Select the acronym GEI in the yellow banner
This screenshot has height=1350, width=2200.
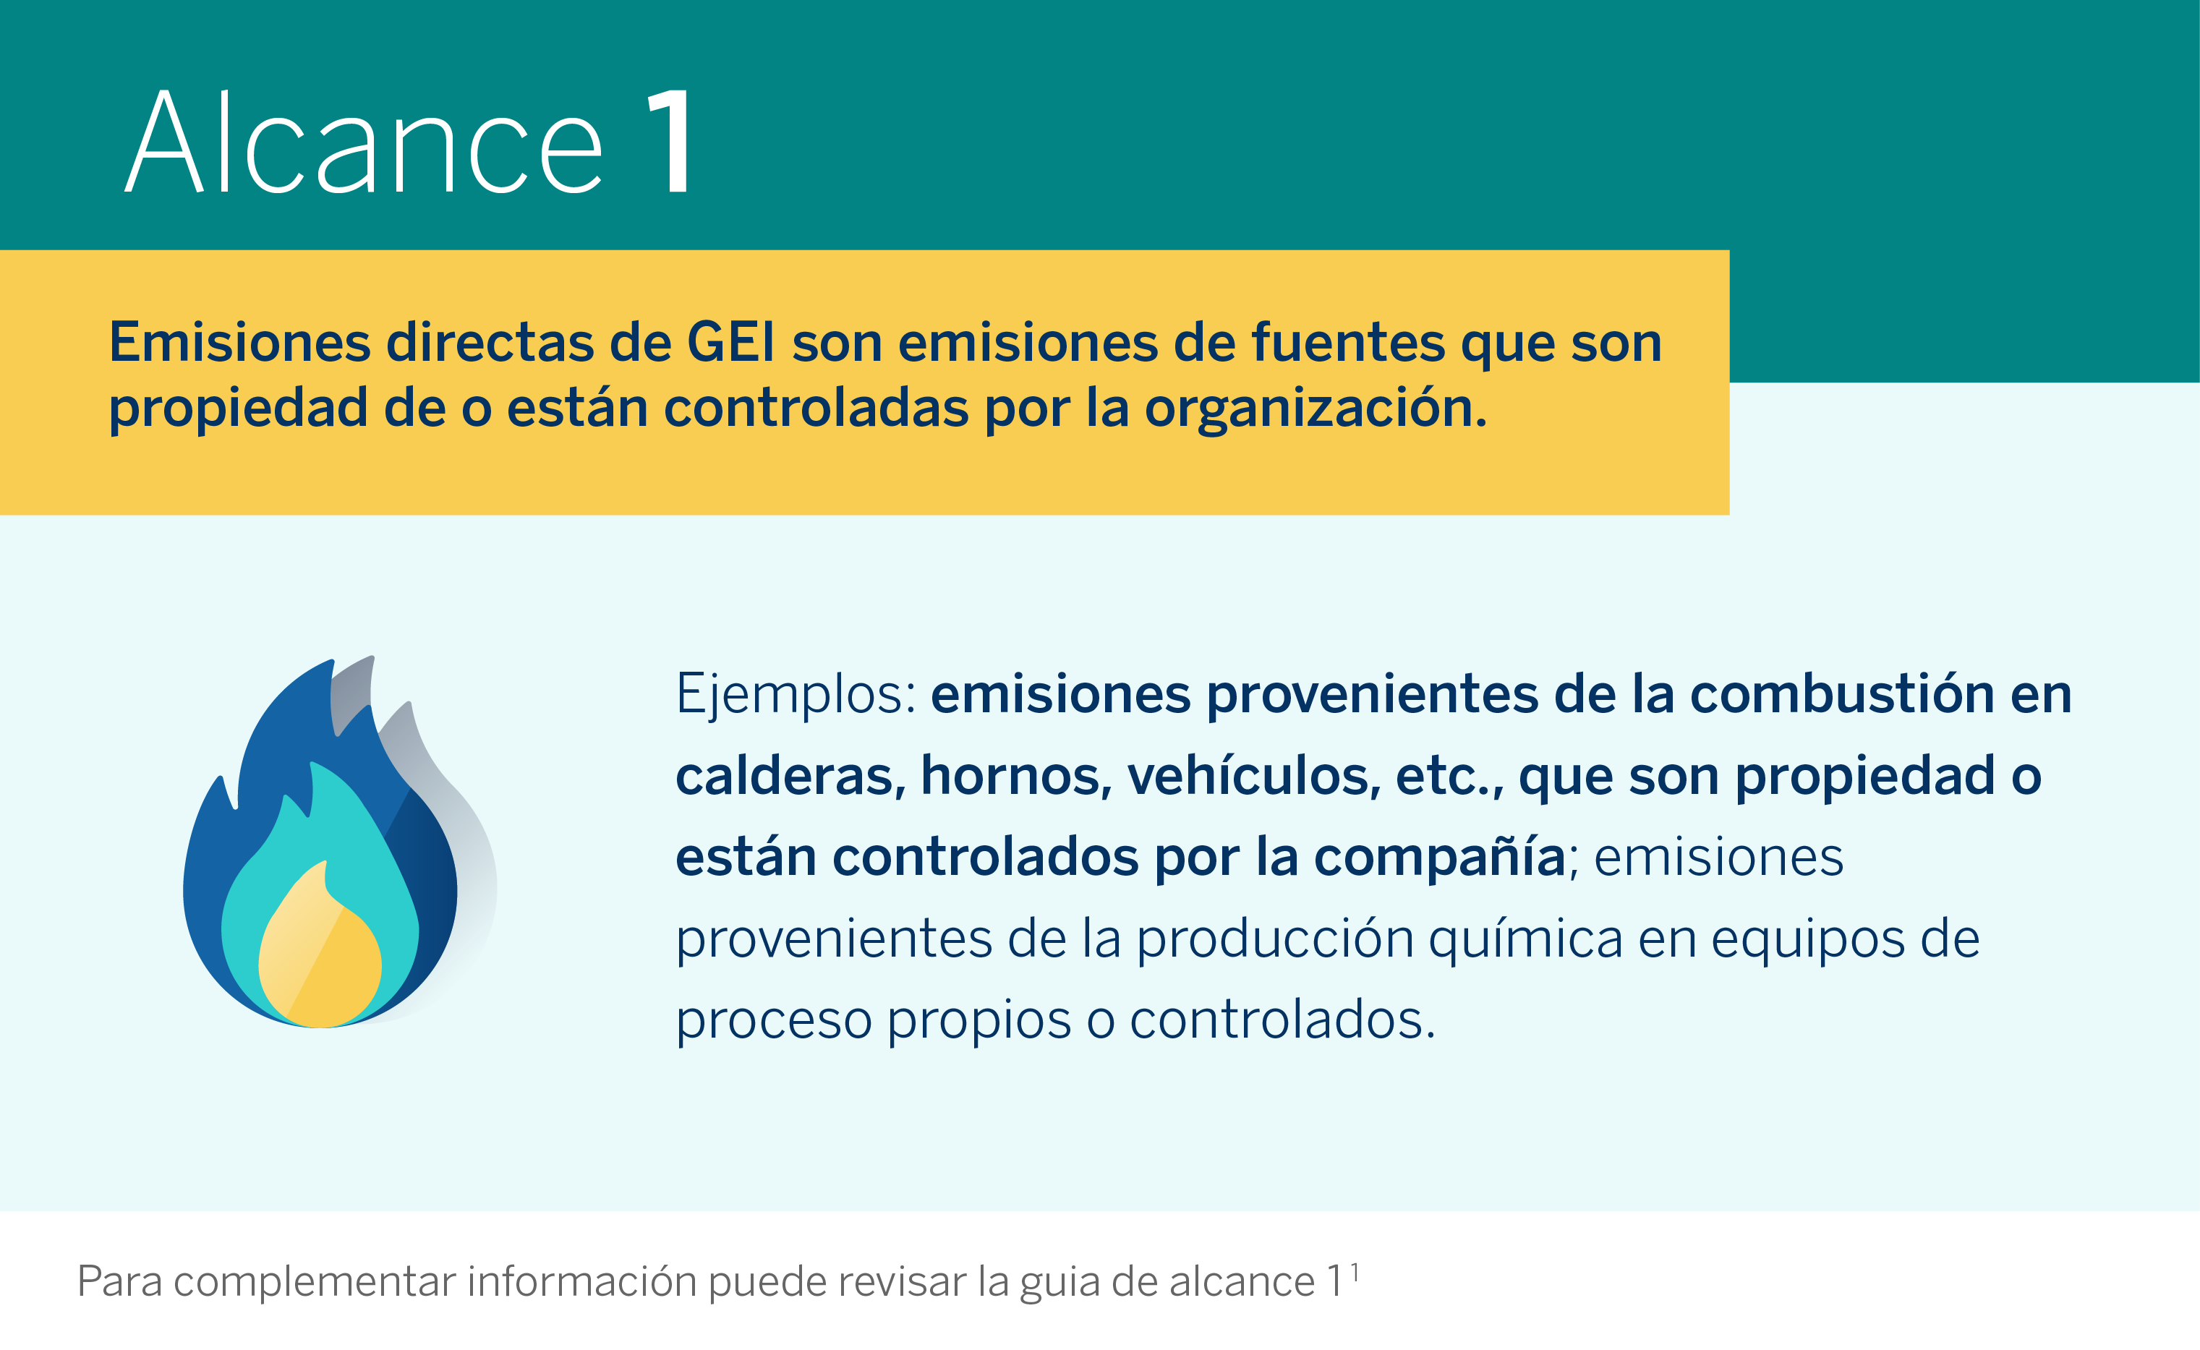point(730,342)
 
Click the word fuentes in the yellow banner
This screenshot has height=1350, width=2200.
point(1348,342)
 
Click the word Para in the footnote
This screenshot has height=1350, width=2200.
point(119,1281)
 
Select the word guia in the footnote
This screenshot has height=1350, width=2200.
point(1059,1283)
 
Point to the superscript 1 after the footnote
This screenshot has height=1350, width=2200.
point(1355,1271)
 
